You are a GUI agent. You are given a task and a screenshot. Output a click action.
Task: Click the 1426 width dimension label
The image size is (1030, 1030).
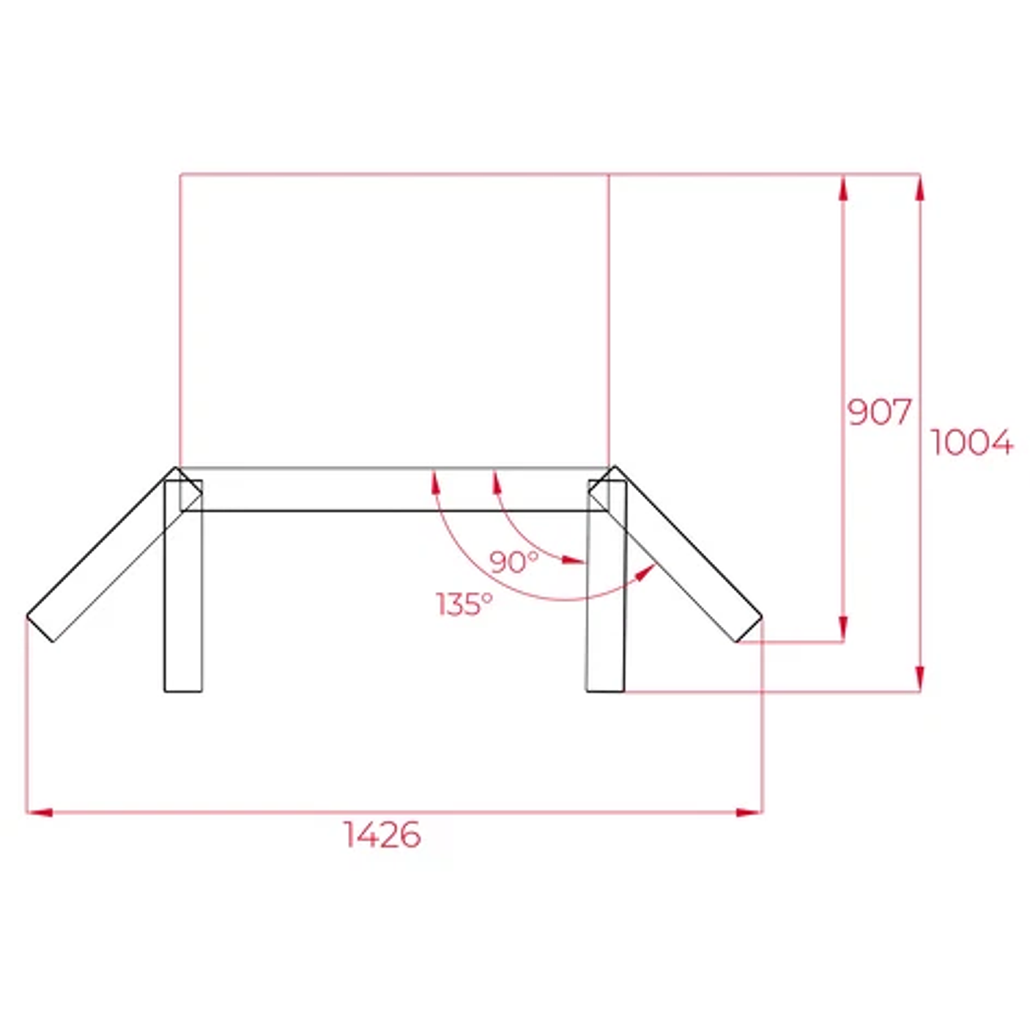tap(382, 834)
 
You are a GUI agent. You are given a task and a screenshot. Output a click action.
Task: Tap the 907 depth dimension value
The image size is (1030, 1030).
tap(879, 412)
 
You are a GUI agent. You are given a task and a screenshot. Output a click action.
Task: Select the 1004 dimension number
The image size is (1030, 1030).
tap(971, 442)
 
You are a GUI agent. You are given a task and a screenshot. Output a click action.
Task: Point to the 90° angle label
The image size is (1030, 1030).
tap(514, 562)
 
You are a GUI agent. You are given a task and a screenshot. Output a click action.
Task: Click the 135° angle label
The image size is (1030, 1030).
tap(464, 604)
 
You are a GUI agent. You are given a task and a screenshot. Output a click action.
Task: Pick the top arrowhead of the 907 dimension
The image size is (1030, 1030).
tap(843, 188)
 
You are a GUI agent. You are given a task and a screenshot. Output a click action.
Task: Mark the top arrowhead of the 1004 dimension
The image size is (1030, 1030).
tap(920, 188)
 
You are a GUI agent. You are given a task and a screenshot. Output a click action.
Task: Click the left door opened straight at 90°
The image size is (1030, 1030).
tap(183, 586)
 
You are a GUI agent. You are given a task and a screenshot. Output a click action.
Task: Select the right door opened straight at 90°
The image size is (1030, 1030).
tap(606, 586)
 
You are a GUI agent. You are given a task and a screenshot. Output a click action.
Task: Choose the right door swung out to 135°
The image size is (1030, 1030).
tap(678, 557)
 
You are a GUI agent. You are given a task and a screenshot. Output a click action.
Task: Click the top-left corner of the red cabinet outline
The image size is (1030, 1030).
tap(180, 174)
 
